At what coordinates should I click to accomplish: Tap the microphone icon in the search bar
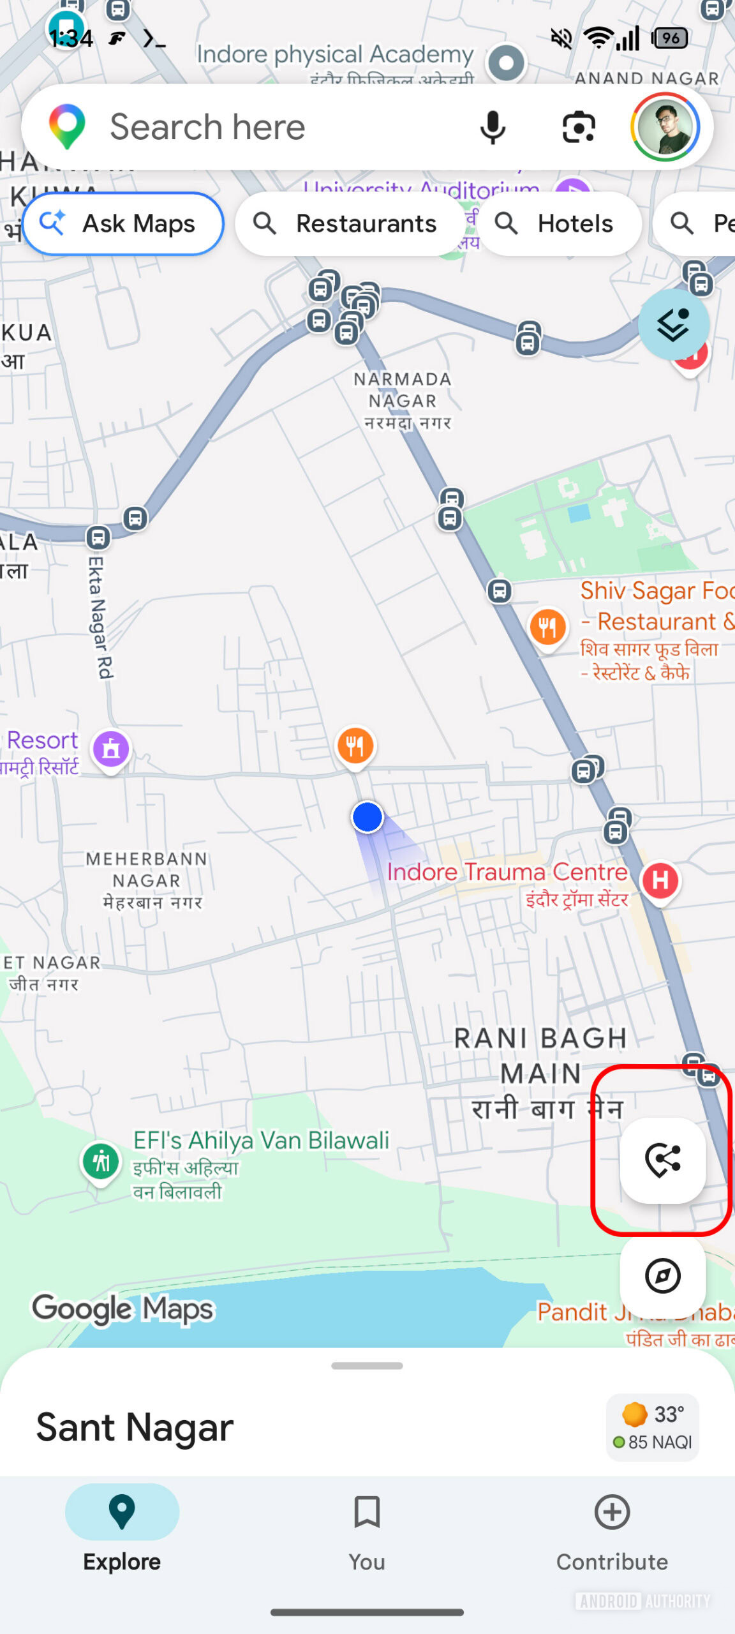(x=492, y=127)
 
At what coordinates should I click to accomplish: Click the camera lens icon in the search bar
(x=579, y=127)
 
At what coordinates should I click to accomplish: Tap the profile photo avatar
(x=665, y=127)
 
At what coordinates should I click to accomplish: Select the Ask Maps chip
(x=123, y=224)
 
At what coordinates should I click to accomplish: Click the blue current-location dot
(x=367, y=817)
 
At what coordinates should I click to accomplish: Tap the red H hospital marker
(x=660, y=881)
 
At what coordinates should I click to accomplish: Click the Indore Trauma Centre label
(x=507, y=873)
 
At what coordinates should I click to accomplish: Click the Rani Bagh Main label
(x=540, y=1056)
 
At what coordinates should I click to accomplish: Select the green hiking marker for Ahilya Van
(x=101, y=1161)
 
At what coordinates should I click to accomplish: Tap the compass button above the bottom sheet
(x=662, y=1276)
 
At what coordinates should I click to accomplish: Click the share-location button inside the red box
(x=662, y=1160)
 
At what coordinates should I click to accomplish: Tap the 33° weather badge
(x=653, y=1427)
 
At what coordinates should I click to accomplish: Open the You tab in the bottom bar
(x=367, y=1532)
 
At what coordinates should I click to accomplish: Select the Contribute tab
(x=612, y=1532)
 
